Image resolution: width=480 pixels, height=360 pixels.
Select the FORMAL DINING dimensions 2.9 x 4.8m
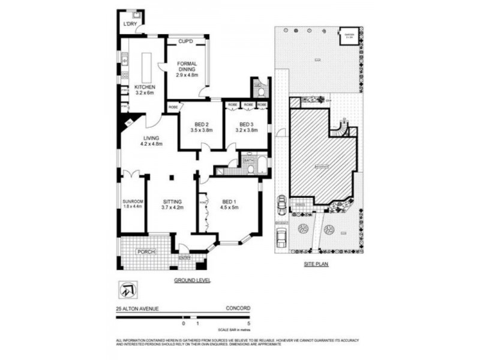point(187,76)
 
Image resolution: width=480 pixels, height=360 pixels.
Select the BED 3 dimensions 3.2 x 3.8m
point(246,129)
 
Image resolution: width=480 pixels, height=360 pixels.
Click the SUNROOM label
point(133,201)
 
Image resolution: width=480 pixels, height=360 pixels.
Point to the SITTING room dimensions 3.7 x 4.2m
point(172,208)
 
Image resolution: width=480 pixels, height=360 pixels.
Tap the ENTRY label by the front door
point(184,258)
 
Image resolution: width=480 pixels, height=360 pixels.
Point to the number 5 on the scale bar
point(248,323)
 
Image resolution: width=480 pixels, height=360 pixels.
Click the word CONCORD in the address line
point(238,308)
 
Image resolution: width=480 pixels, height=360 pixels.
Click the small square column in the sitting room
point(172,177)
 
